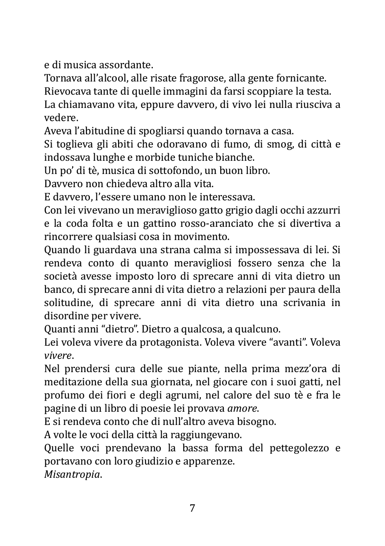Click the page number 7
pos(192,508)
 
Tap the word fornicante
pos(302,79)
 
